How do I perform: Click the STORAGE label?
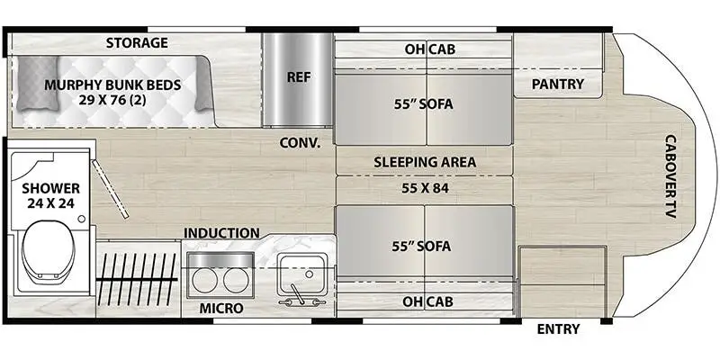137,42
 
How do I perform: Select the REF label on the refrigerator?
298,77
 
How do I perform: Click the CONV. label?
301,141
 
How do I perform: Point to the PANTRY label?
557,85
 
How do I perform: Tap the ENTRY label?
558,328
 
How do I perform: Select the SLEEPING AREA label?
425,163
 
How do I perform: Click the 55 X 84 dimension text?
425,189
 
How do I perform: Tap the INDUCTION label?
221,233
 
